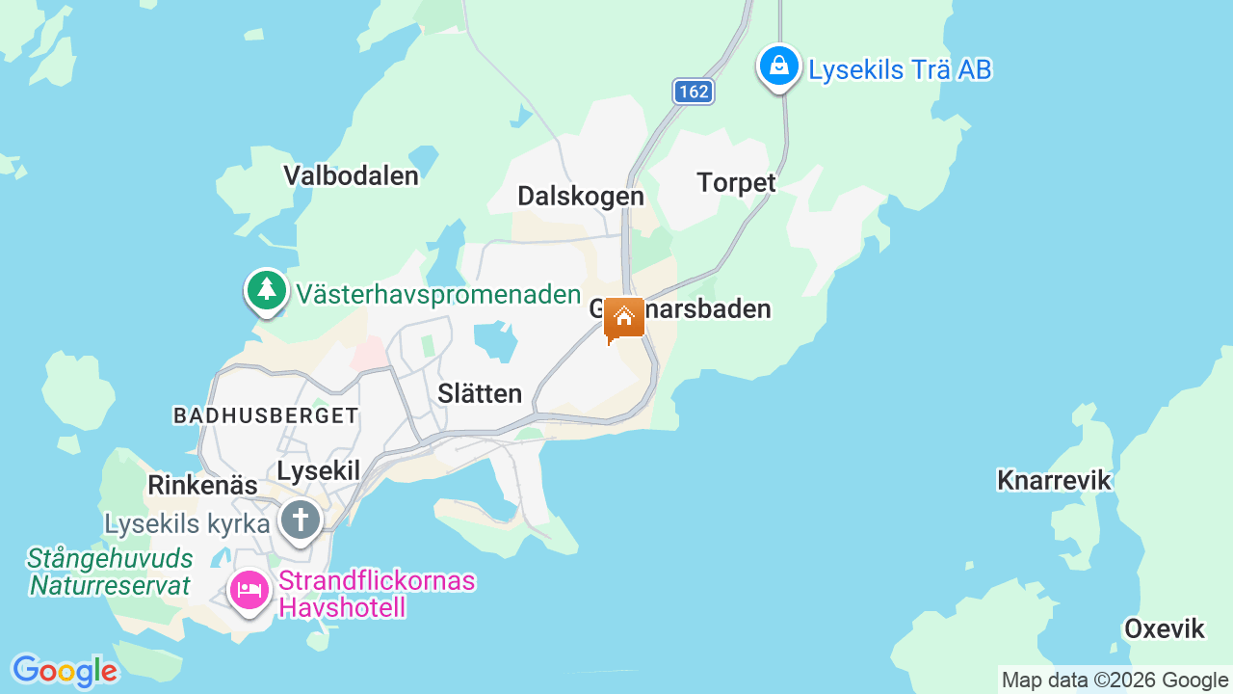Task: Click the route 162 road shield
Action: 693,92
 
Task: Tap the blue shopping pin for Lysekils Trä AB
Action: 778,67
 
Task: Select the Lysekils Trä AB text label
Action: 900,69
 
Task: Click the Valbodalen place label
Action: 351,175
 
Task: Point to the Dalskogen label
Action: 580,196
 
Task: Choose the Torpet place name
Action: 736,182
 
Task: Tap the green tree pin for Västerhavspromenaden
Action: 266,289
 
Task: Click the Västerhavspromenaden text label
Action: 438,294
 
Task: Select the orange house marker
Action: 624,318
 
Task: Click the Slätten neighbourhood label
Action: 480,393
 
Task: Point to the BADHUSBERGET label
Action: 266,415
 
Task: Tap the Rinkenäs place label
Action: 202,485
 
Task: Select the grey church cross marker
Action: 300,520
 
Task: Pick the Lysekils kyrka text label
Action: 187,524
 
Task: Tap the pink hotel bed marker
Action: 249,588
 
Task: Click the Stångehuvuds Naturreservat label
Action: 110,572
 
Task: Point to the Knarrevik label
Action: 1054,480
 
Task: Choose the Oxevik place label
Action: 1164,629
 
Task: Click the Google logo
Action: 64,671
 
